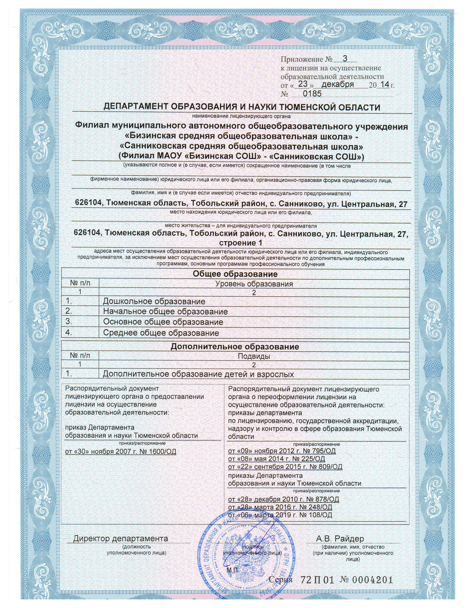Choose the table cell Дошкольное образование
click(x=154, y=301)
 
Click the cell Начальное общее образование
click(x=165, y=312)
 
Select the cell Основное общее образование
click(x=163, y=322)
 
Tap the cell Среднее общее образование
click(x=161, y=333)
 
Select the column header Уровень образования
click(x=254, y=284)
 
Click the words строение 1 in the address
click(x=241, y=243)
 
